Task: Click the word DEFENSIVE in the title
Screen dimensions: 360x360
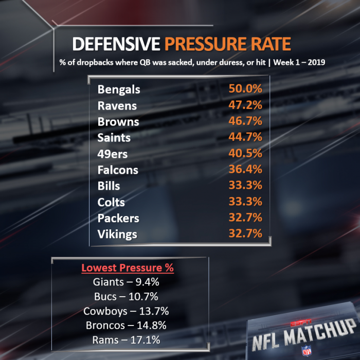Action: (116, 44)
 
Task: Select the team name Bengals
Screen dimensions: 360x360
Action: (119, 89)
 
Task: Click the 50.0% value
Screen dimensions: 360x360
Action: (245, 89)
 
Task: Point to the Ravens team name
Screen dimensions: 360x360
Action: (117, 105)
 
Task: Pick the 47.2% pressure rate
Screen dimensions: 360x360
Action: (245, 105)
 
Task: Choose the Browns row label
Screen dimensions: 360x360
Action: (118, 121)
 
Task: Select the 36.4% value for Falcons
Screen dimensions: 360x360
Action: (245, 169)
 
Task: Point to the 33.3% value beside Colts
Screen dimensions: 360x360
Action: (245, 202)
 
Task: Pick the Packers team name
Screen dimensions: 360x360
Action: (118, 218)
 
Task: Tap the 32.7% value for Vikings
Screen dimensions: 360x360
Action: (245, 233)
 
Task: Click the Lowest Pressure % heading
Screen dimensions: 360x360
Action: (127, 268)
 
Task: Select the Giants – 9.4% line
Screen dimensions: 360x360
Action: (127, 282)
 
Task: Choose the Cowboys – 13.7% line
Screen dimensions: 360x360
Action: (127, 311)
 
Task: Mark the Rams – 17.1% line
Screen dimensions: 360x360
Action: (127, 339)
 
